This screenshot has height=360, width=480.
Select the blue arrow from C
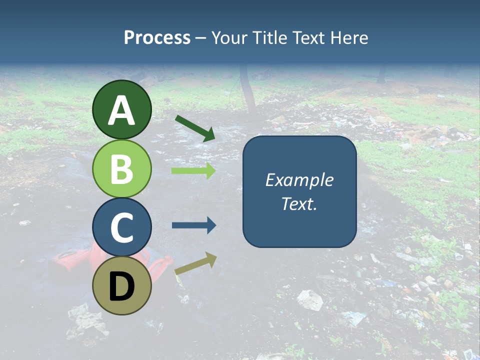(x=193, y=225)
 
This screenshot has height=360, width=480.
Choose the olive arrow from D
(x=195, y=263)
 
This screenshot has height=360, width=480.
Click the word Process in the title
(x=157, y=38)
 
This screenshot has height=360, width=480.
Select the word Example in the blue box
(x=299, y=180)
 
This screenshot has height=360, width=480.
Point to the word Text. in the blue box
(x=299, y=204)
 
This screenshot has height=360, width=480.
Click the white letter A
(x=121, y=111)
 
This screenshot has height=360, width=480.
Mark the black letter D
(x=121, y=287)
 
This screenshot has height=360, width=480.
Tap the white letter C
(x=121, y=227)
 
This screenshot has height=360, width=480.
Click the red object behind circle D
(x=72, y=260)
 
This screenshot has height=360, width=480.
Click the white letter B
(x=121, y=169)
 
